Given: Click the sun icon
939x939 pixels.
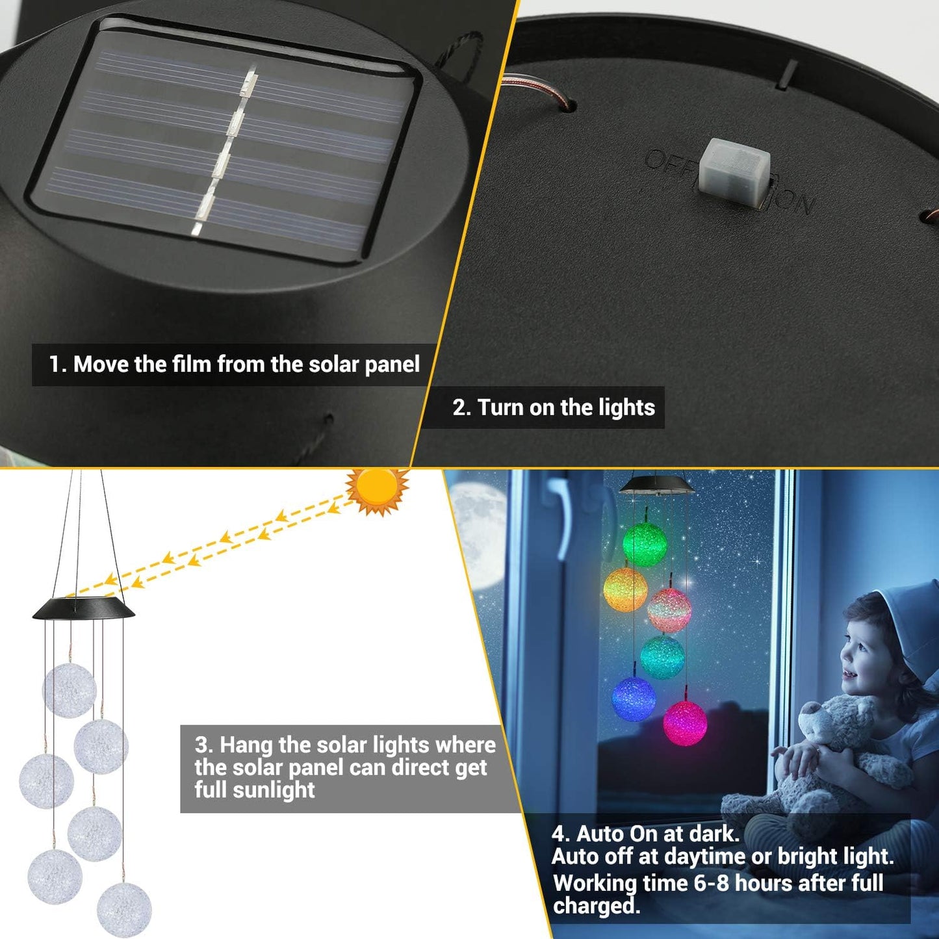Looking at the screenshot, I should coord(377,489).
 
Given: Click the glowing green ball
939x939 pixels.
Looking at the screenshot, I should coord(645,543).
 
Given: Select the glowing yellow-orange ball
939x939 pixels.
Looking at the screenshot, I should coord(625,589).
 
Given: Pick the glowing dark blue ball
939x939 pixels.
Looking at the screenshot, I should coord(634,699).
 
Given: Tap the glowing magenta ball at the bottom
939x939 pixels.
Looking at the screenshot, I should coord(685,723).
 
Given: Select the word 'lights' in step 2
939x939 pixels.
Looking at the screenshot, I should coord(626,408).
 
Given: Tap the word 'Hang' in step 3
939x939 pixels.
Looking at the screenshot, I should coord(246,745).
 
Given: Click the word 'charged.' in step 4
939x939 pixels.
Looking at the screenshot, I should coord(596,906).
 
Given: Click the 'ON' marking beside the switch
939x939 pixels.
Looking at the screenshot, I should coord(794,201).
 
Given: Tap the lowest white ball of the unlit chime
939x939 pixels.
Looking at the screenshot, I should coord(124,909).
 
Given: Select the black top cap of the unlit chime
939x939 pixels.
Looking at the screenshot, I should coord(83,609).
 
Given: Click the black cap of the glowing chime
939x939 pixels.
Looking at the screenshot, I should coord(656,484).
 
